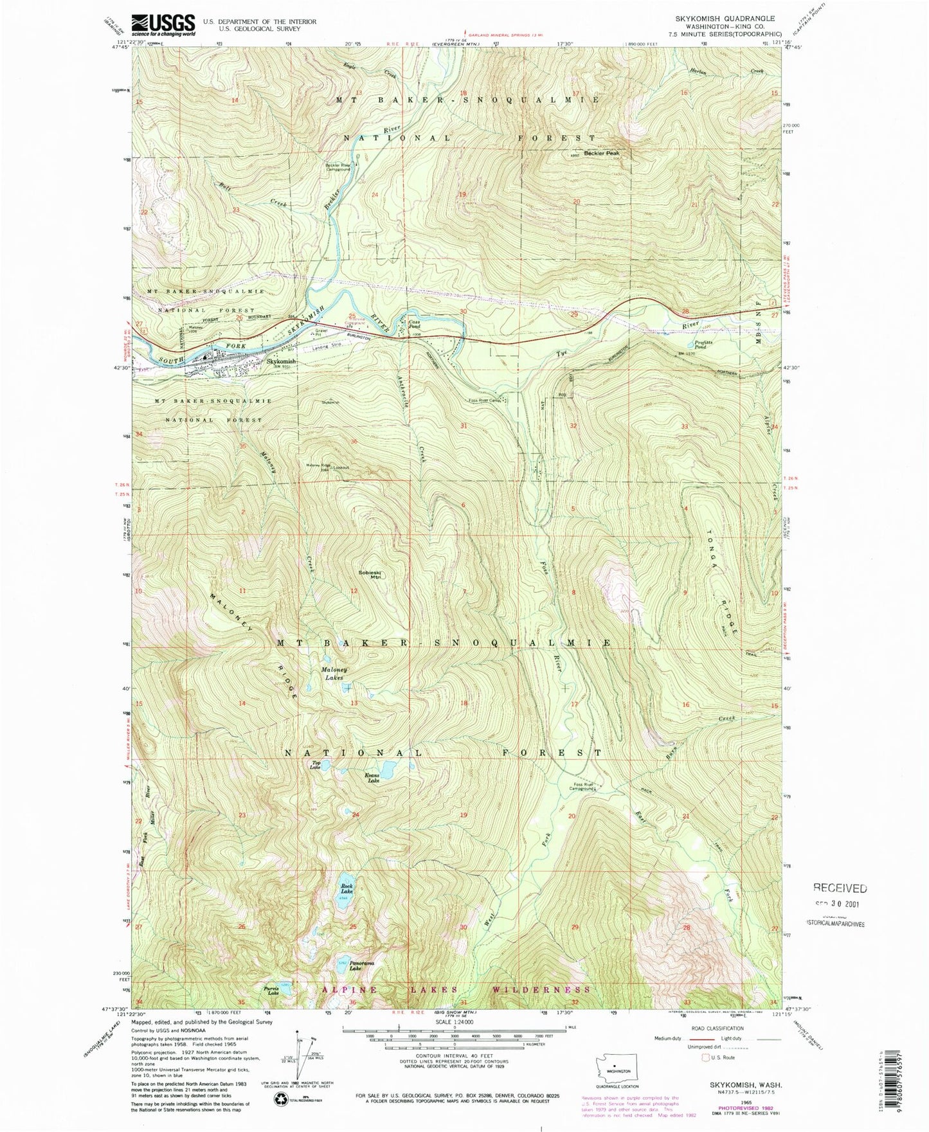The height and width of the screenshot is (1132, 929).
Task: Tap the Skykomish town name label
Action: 281,361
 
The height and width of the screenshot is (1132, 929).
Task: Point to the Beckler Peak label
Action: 601,154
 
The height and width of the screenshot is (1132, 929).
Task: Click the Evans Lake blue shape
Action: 388,768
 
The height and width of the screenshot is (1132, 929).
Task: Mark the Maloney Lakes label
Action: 334,674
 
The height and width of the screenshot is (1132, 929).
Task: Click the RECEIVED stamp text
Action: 840,888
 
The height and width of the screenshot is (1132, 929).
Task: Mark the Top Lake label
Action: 315,765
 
